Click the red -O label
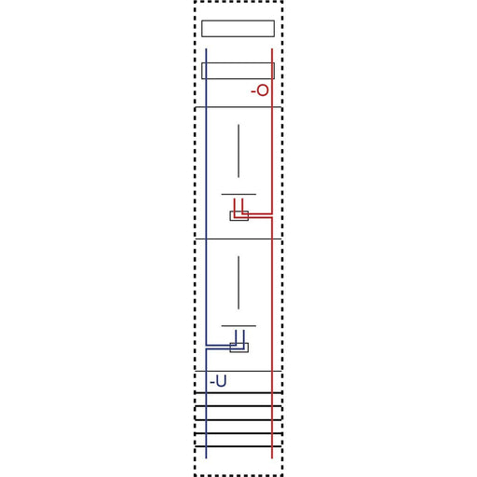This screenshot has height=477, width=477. (260, 90)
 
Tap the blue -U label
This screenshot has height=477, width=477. (218, 381)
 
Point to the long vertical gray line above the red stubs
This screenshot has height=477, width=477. (238, 151)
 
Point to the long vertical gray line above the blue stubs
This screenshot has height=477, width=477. (238, 282)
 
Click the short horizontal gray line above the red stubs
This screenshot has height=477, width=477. (238, 195)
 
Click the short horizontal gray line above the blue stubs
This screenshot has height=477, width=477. (238, 326)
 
